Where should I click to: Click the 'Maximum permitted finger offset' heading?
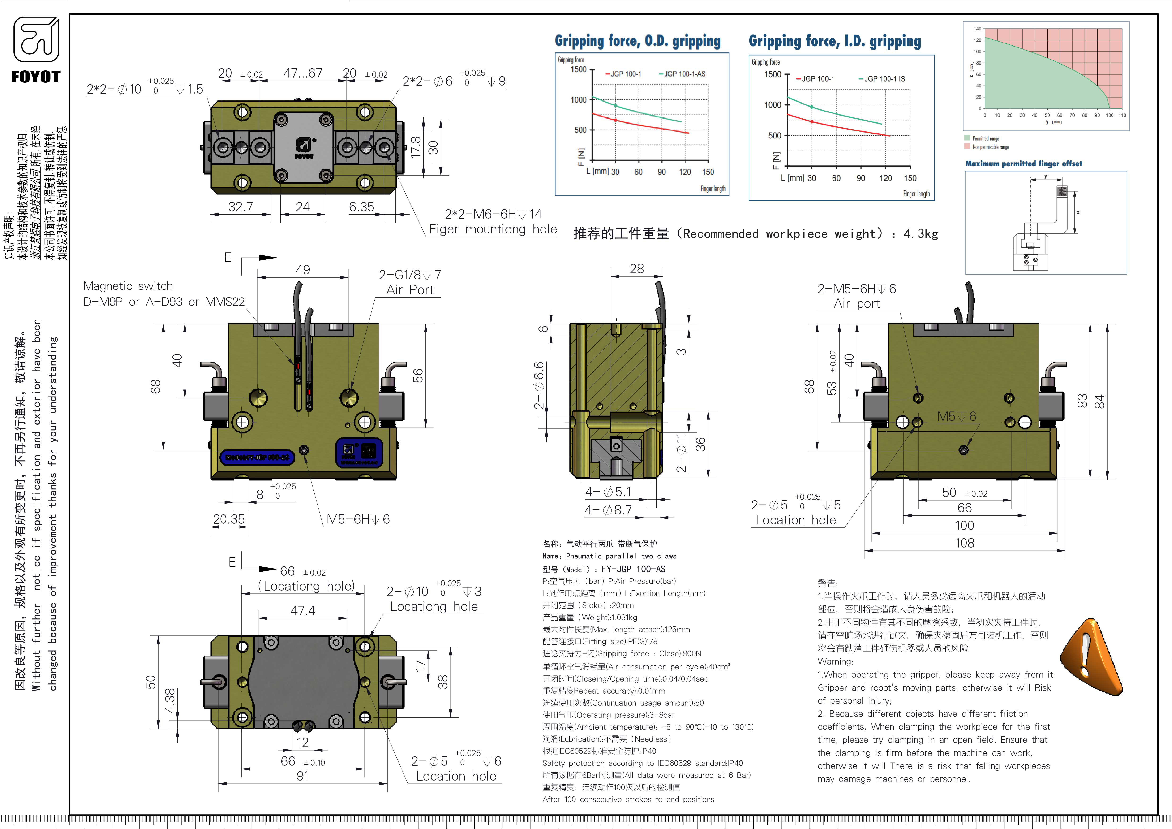coord(1023,164)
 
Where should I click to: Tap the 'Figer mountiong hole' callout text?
coord(493,230)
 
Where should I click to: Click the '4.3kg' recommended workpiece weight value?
coord(920,234)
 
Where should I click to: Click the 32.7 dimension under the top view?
coord(240,207)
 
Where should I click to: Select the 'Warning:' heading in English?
coord(835,661)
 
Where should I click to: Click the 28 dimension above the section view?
coord(636,269)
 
